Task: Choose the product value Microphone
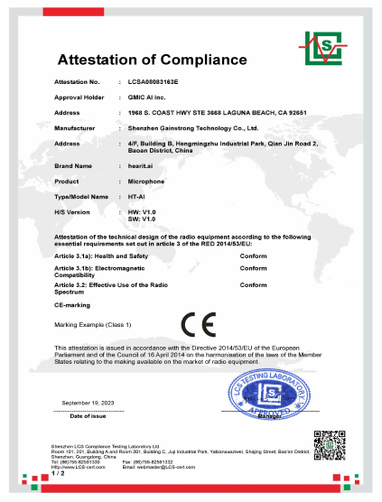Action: click(147, 181)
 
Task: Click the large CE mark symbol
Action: click(200, 322)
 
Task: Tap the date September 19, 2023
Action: click(88, 402)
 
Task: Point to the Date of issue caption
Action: click(88, 415)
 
